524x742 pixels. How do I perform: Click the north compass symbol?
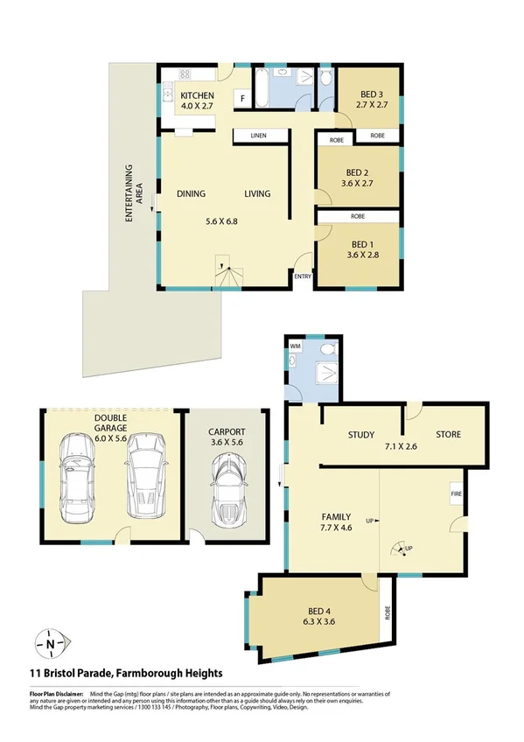(x=51, y=645)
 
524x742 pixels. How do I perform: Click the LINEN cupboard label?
(x=258, y=136)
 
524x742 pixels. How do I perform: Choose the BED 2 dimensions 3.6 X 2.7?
(x=360, y=184)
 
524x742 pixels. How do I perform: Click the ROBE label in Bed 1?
(x=359, y=216)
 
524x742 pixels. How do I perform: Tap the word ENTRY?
(x=303, y=276)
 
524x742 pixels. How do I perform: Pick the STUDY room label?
(x=360, y=435)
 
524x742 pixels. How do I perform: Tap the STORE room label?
(x=449, y=435)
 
